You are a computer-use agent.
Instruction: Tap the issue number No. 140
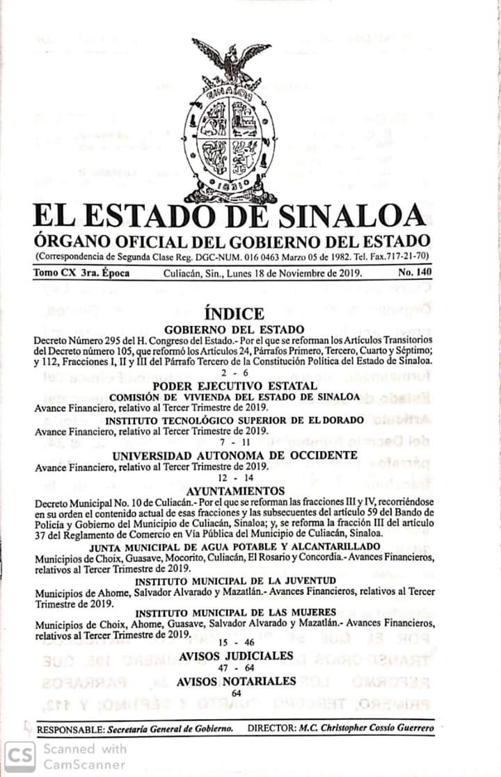(415, 273)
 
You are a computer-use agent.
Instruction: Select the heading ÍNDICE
(234, 313)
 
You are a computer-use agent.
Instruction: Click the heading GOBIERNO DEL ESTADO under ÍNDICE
(234, 329)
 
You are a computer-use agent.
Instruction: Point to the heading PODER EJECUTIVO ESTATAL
(235, 385)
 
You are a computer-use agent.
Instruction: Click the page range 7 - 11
(234, 442)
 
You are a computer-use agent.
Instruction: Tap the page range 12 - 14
(234, 479)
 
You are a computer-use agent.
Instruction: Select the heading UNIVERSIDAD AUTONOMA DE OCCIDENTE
(235, 455)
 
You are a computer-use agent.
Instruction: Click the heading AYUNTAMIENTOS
(235, 491)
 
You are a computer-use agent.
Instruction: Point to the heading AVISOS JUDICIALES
(235, 656)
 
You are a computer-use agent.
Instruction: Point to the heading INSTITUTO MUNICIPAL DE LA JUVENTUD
(235, 580)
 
